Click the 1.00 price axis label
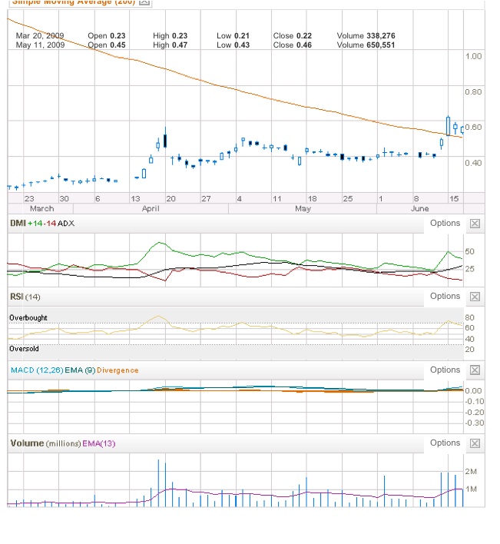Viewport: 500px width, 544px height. click(x=473, y=56)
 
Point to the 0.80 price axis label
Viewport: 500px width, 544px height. click(x=473, y=91)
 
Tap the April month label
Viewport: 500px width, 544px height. click(x=151, y=208)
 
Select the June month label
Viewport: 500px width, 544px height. click(x=420, y=208)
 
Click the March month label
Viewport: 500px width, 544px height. click(x=41, y=208)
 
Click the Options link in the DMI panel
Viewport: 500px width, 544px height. click(x=445, y=224)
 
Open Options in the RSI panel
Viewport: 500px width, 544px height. click(x=445, y=297)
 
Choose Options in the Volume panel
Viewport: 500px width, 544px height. click(x=445, y=443)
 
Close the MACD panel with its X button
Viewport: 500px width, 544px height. click(x=475, y=370)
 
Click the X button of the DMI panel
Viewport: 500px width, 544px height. click(x=475, y=224)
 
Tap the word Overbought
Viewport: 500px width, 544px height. click(x=29, y=317)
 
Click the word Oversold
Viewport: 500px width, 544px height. click(x=24, y=348)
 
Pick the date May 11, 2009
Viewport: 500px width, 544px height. click(x=39, y=45)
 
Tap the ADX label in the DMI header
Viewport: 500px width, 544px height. click(x=66, y=224)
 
